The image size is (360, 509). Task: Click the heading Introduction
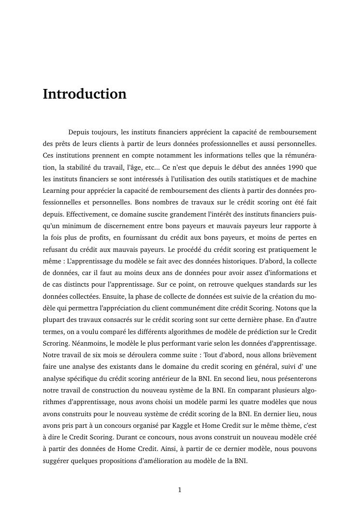tap(85, 94)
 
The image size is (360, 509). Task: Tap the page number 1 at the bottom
tap(180, 490)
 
